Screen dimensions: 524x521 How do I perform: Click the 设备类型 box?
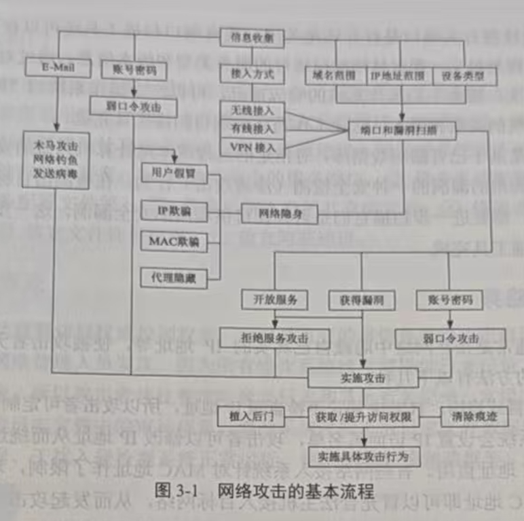point(464,76)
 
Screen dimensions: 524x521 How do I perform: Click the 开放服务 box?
point(274,299)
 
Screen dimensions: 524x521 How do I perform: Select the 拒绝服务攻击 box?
point(274,335)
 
